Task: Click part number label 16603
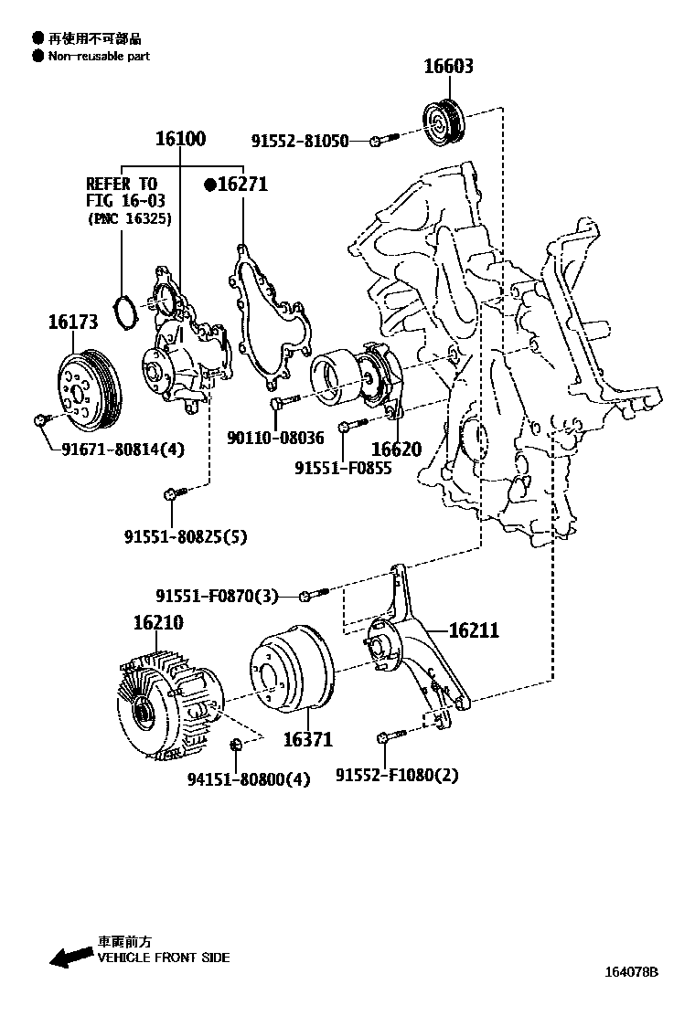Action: (448, 67)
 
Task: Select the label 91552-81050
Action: (300, 141)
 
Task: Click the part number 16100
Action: (180, 139)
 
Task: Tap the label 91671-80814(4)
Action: (123, 449)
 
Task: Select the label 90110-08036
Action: (275, 439)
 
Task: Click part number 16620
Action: (396, 450)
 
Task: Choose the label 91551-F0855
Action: (343, 468)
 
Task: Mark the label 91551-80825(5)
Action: (186, 537)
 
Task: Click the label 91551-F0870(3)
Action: (217, 596)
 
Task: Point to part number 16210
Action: (158, 623)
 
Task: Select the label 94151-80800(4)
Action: (249, 779)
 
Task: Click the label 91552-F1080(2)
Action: (397, 776)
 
